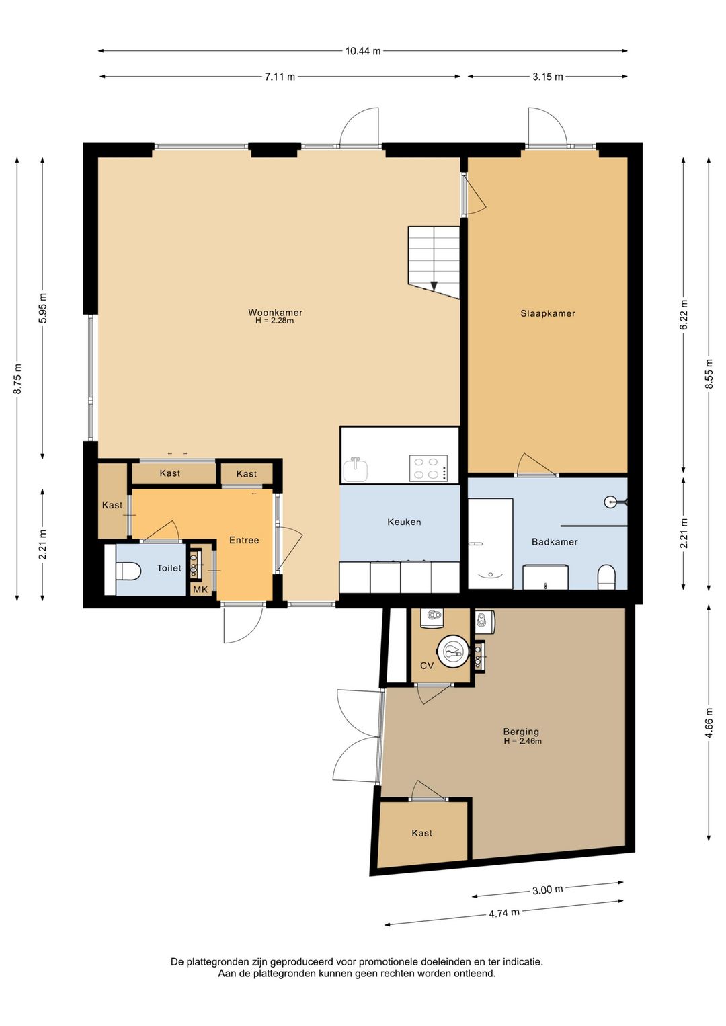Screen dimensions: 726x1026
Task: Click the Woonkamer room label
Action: (276, 313)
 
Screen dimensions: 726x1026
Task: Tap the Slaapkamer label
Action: (548, 313)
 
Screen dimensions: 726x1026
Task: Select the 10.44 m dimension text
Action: (363, 51)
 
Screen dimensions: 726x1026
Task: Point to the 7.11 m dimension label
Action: (280, 77)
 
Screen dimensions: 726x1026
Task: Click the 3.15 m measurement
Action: (548, 77)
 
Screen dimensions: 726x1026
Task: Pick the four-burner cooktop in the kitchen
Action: (428, 468)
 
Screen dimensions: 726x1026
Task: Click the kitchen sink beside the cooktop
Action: (356, 469)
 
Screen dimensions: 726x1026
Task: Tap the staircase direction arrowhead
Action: (434, 286)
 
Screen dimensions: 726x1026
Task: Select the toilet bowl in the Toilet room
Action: (128, 571)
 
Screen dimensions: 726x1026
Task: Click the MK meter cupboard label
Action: (200, 590)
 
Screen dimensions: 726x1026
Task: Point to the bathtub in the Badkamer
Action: (490, 543)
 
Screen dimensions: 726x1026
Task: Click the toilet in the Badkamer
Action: (606, 578)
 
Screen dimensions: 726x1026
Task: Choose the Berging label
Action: (521, 732)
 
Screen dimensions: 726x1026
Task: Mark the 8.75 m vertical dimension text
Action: (17, 379)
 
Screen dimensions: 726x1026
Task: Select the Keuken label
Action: (404, 522)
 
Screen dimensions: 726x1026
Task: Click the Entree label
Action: (244, 540)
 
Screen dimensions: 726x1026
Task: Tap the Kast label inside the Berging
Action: (421, 833)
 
